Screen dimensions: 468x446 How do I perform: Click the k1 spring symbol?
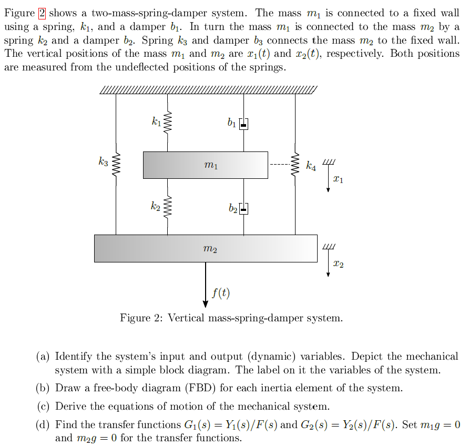point(168,123)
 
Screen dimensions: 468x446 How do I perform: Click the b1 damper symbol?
point(243,124)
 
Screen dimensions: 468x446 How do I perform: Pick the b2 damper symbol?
point(243,208)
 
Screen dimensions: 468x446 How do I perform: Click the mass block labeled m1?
point(205,165)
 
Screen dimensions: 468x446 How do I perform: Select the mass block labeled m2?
point(206,248)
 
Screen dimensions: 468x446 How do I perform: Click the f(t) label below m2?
point(221,293)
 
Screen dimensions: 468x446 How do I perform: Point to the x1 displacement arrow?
point(328,178)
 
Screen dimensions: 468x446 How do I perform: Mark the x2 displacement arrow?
point(328,263)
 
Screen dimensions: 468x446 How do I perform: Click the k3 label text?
point(103,161)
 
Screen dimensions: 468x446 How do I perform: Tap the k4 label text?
point(312,167)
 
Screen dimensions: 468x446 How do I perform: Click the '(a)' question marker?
point(43,357)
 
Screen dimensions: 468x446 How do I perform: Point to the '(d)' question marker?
point(43,424)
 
